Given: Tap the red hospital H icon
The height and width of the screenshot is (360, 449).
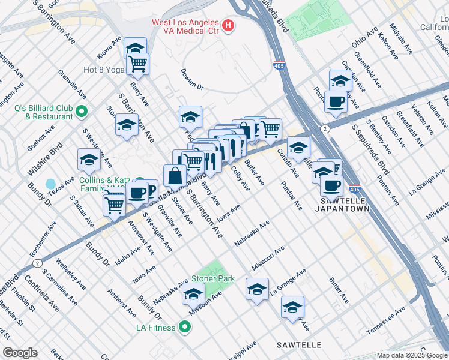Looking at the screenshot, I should pyautogui.click(x=228, y=26).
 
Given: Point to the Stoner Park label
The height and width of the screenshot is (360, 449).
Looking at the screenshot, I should pyautogui.click(x=212, y=279).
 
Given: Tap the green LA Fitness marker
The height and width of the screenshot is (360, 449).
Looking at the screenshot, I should pyautogui.click(x=185, y=327).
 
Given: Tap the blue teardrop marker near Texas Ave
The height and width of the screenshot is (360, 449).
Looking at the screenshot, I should pyautogui.click(x=50, y=183).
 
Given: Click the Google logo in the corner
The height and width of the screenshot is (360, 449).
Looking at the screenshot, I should pyautogui.click(x=20, y=353).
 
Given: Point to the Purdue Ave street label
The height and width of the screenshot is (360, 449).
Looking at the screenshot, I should pyautogui.click(x=291, y=196).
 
